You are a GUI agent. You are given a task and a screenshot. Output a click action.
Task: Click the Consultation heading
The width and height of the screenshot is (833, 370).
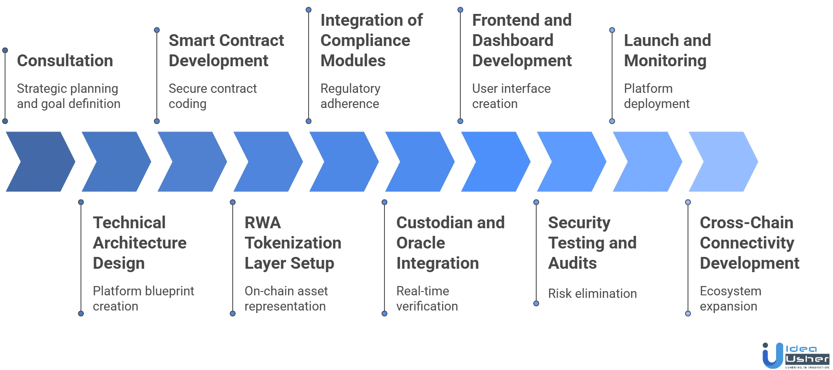[65, 62]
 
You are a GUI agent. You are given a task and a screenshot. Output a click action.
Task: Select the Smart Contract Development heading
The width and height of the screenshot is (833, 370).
[227, 51]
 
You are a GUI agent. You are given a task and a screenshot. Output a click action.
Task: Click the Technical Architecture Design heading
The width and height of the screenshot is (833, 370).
[140, 243]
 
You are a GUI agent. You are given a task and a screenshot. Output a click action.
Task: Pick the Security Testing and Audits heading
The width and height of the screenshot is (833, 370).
[591, 243]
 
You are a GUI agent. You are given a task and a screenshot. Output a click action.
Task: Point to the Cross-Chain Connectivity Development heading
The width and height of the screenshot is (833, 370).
[749, 243]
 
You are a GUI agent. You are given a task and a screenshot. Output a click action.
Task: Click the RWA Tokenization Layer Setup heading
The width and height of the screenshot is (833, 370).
[293, 243]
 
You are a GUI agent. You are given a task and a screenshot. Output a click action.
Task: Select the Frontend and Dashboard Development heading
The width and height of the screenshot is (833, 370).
[522, 41]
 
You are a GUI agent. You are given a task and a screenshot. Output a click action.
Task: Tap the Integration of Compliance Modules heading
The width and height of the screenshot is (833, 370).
[371, 41]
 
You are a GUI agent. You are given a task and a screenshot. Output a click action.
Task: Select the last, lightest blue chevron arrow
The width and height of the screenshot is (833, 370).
[722, 162]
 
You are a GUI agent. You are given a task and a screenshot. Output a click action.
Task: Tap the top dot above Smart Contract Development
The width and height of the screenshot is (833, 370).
[157, 30]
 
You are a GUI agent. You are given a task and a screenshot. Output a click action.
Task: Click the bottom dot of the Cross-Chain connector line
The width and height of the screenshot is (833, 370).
[688, 313]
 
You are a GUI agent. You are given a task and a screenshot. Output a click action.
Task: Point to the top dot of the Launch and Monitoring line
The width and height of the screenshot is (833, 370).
[612, 30]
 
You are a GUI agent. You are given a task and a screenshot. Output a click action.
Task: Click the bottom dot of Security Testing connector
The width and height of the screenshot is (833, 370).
[536, 303]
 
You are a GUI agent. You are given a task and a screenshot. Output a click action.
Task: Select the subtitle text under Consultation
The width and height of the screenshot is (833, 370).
[68, 95]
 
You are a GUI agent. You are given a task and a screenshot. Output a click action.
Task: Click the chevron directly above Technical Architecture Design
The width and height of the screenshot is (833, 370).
[115, 162]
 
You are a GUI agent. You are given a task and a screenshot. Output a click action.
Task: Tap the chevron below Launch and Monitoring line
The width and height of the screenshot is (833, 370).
[646, 162]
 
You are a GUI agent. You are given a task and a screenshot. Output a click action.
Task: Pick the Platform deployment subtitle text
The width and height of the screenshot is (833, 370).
[657, 95]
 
